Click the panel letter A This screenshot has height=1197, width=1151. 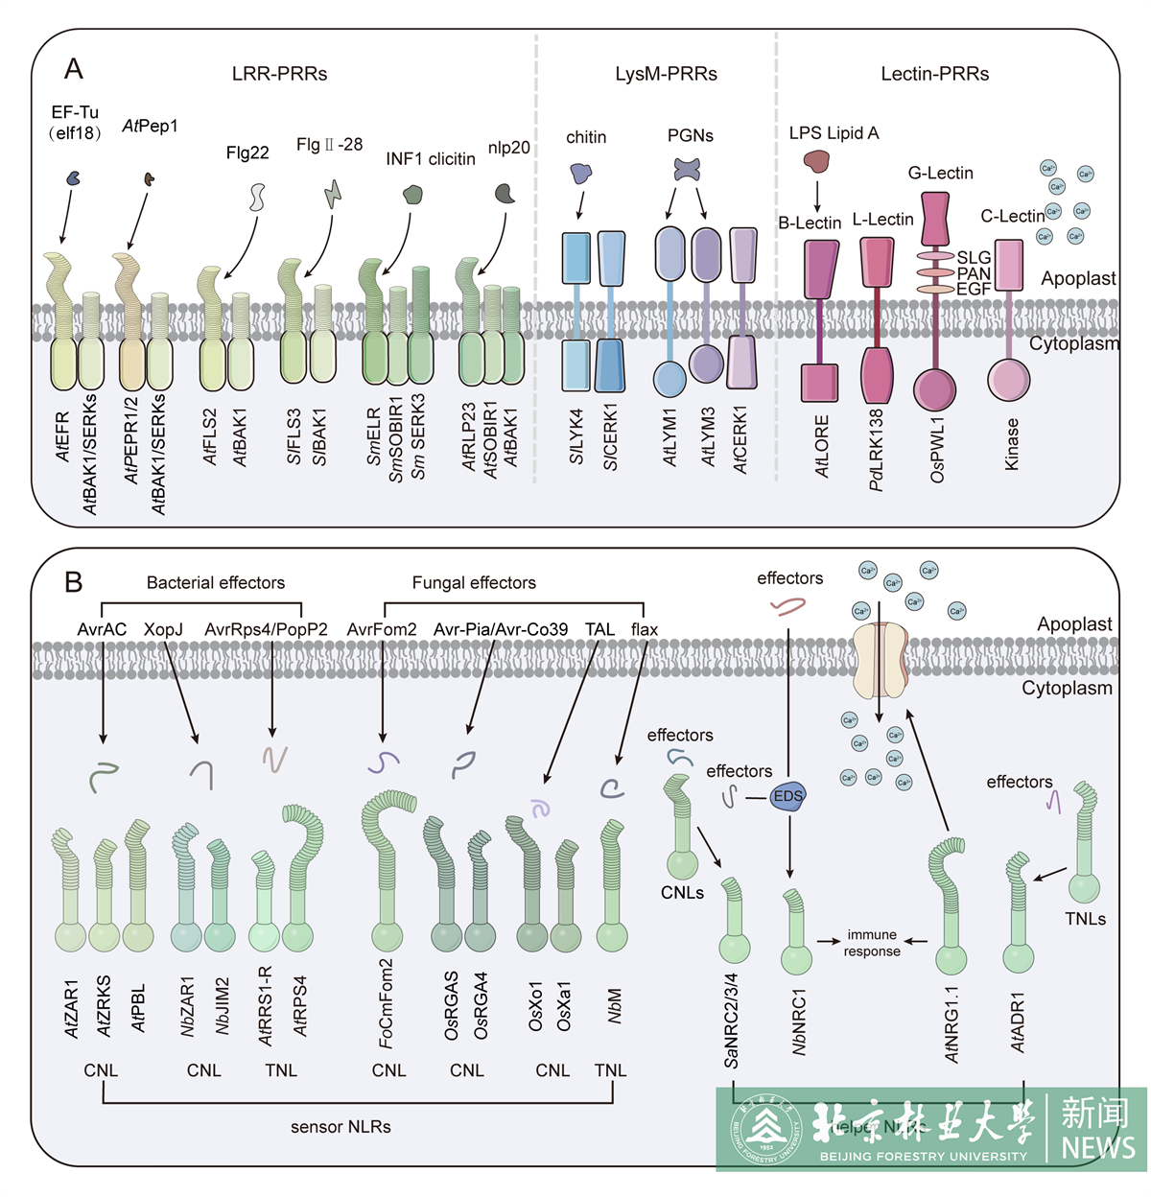[x=74, y=69]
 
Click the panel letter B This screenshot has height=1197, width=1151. [x=73, y=581]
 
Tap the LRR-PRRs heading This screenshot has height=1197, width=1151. [x=279, y=74]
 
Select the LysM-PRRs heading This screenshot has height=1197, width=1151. [x=666, y=74]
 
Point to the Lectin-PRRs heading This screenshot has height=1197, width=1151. [x=934, y=74]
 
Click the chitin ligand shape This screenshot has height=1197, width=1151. [x=581, y=173]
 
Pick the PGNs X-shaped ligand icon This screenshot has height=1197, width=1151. [x=687, y=170]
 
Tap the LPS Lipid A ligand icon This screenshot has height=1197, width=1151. [x=816, y=161]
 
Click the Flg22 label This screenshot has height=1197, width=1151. [x=247, y=153]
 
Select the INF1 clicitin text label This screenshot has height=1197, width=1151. [x=431, y=158]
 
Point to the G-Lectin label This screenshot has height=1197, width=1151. [x=940, y=173]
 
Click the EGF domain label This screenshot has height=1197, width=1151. [x=973, y=288]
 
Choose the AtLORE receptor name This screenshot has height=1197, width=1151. [x=822, y=446]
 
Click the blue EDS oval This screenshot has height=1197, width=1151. [x=787, y=796]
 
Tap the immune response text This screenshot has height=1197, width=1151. [x=872, y=943]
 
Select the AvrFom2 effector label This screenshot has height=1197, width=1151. [x=382, y=629]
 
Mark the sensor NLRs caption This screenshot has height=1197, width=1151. [x=341, y=1127]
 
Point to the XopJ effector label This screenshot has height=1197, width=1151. [x=163, y=629]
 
